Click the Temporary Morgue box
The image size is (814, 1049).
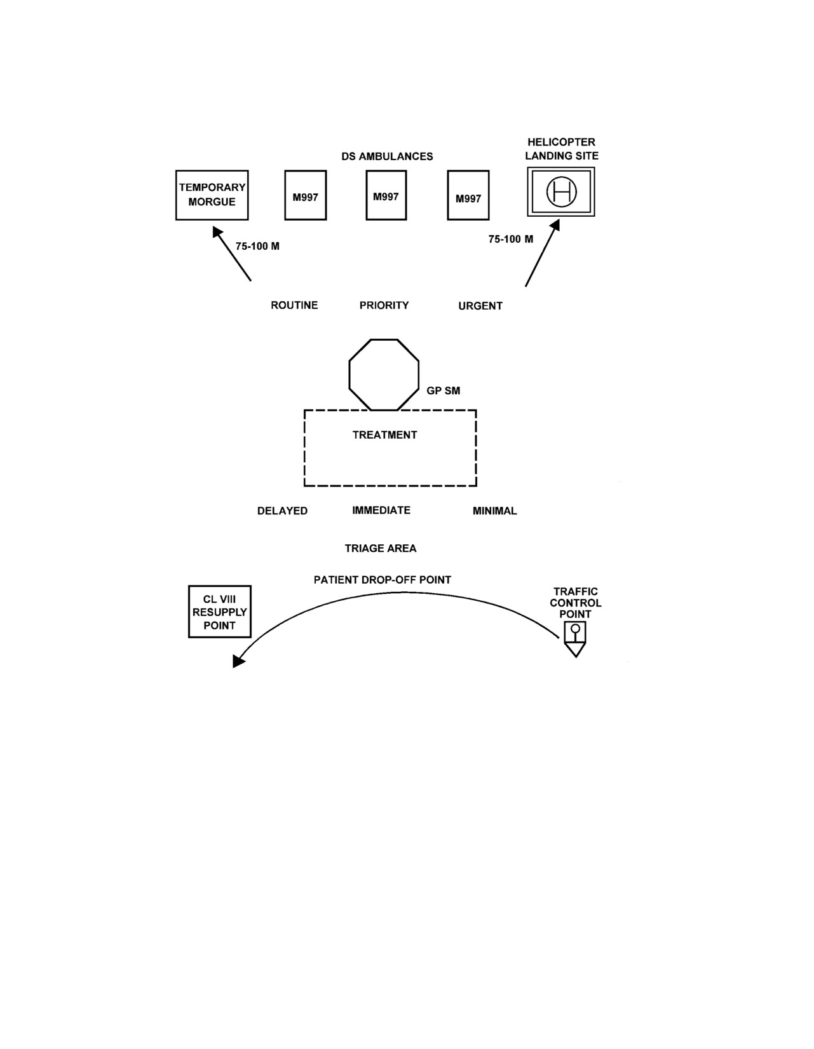212,195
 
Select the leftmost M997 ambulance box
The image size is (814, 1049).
306,195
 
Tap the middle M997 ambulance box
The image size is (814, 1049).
386,195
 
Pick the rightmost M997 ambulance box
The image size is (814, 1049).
468,195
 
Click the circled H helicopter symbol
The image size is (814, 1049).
561,191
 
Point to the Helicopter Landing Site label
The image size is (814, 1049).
562,149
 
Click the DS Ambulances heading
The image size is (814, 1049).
387,156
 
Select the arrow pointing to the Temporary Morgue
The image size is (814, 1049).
231,254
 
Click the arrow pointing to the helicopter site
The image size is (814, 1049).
542,253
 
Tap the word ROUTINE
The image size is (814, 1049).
294,305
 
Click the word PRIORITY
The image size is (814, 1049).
384,305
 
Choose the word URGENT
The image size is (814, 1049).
480,306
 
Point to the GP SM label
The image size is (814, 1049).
444,390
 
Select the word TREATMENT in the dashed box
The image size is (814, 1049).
384,435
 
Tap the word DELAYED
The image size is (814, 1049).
282,511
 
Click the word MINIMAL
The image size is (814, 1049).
494,511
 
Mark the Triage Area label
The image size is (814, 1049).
380,549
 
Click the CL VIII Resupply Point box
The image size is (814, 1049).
219,612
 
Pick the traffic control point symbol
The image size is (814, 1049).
575,639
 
